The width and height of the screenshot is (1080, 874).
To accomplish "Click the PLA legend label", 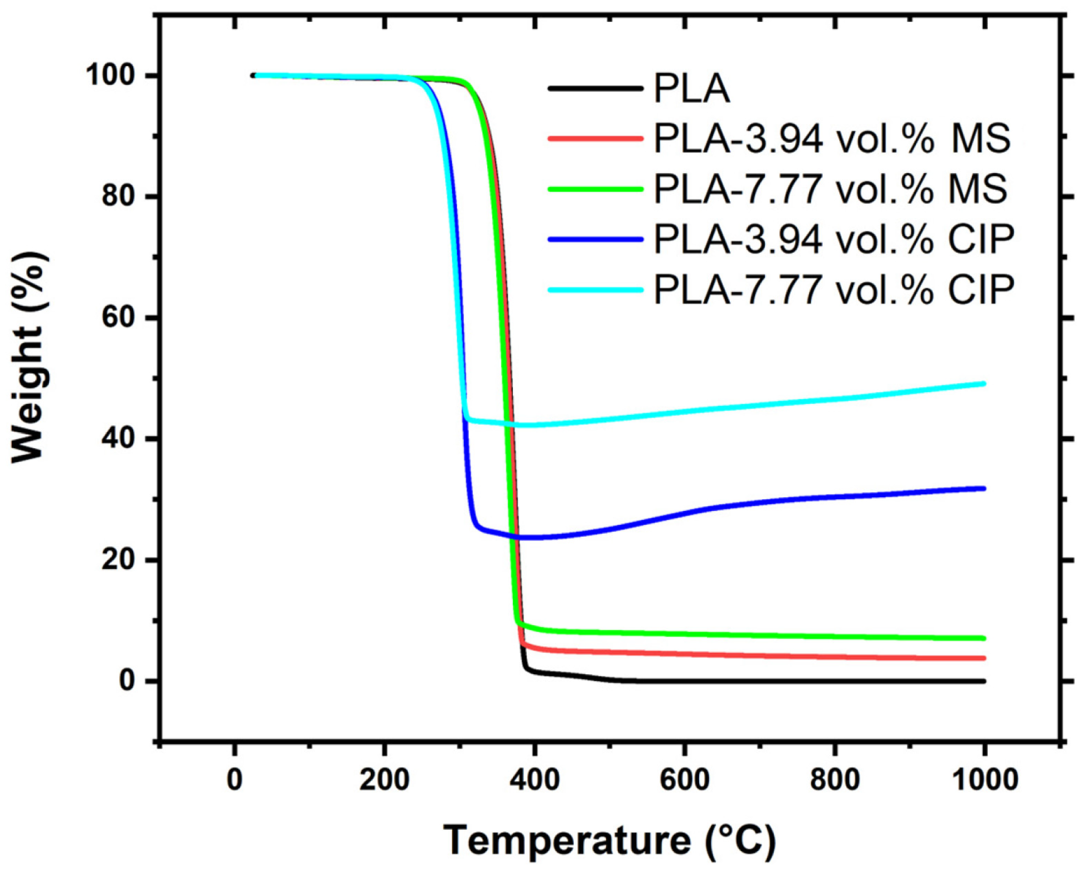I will click(691, 89).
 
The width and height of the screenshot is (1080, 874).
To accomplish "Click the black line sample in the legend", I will click(596, 88).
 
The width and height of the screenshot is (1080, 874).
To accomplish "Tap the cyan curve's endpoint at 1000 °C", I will click(984, 383).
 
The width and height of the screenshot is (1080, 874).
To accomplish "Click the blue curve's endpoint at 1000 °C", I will click(984, 488).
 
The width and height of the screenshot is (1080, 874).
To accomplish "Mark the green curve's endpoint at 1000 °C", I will click(984, 638).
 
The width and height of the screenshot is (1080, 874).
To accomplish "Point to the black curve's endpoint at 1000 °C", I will click(984, 681).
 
